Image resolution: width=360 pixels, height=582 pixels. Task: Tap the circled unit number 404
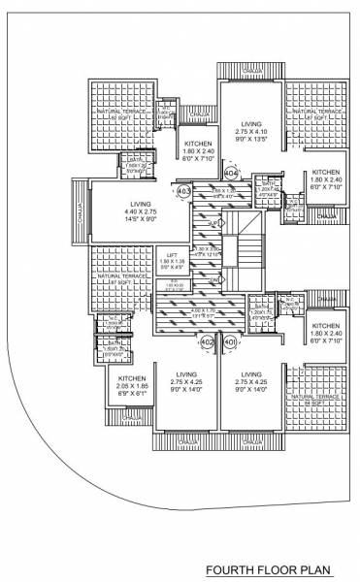(x=231, y=173)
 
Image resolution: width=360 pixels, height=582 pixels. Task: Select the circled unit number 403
(x=184, y=192)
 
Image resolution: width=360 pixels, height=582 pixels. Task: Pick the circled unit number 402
(x=207, y=342)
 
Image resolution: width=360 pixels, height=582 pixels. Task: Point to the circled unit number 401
(x=230, y=342)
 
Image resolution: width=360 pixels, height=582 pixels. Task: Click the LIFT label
(x=168, y=256)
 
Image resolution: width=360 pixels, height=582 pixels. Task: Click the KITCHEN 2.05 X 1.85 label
(x=131, y=386)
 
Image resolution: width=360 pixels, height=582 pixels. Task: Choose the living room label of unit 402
(x=186, y=380)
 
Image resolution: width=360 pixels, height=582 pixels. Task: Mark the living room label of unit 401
(x=252, y=380)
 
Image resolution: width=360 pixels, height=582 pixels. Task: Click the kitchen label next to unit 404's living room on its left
(x=198, y=153)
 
